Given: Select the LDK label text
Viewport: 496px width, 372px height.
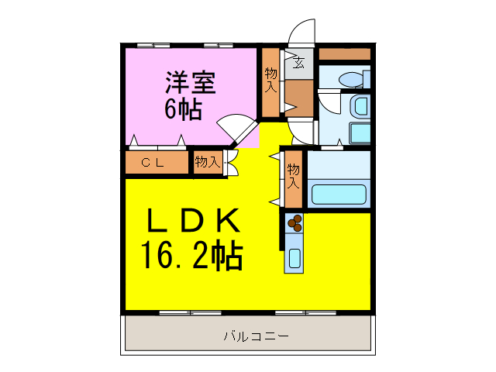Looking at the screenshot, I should click(x=192, y=222).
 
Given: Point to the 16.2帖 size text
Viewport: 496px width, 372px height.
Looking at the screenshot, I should click(x=191, y=254).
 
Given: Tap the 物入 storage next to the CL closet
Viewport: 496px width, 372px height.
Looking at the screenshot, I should click(x=207, y=162).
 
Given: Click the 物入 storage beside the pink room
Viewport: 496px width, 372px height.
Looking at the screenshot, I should click(x=270, y=81).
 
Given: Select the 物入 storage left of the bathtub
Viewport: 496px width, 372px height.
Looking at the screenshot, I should click(x=293, y=177).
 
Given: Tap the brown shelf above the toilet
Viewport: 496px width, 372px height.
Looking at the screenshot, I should click(x=345, y=54).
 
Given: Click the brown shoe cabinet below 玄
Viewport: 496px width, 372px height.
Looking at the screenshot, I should click(x=298, y=95).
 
